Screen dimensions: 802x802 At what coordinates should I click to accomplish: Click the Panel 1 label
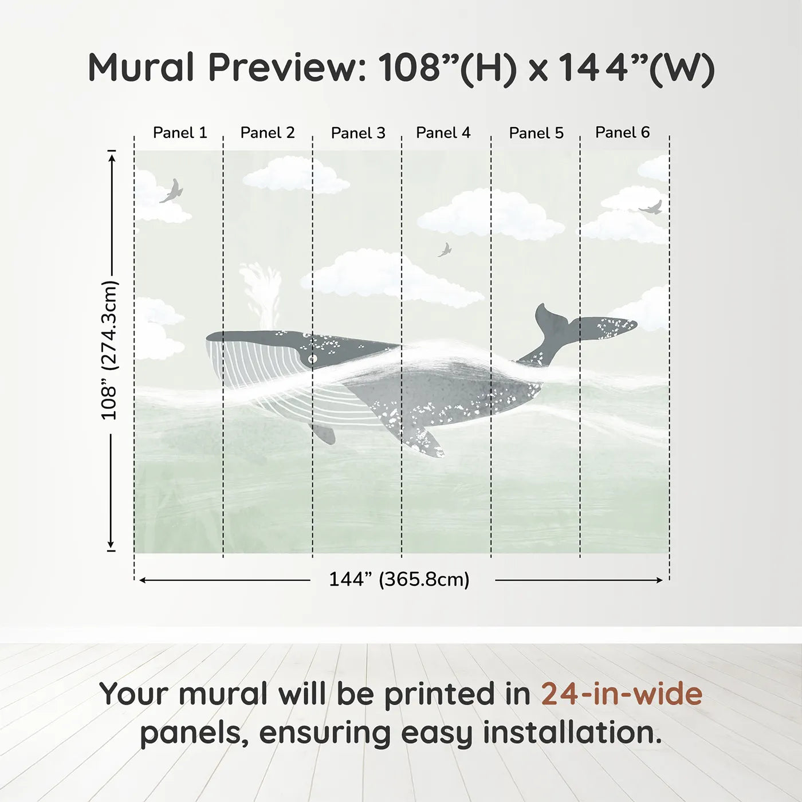180,133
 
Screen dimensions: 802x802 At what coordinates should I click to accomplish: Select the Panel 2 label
268,133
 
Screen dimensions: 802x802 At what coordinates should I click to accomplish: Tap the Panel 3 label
358,133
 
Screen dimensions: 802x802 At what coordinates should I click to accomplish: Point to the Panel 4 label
443,133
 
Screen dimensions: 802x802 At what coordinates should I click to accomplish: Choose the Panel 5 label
536,133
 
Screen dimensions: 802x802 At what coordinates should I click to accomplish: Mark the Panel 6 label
622,132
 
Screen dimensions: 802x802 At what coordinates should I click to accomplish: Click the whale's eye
312,359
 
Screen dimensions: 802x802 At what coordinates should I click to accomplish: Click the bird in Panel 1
172,191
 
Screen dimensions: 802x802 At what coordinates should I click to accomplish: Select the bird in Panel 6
651,208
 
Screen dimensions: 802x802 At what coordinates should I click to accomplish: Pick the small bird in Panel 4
445,250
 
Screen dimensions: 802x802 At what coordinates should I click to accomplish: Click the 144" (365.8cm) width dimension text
399,580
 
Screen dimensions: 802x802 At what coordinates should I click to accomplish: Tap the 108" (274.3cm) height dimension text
109,351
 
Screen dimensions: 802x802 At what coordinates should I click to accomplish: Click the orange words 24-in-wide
622,694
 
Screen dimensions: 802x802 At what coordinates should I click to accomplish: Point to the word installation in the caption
572,733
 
